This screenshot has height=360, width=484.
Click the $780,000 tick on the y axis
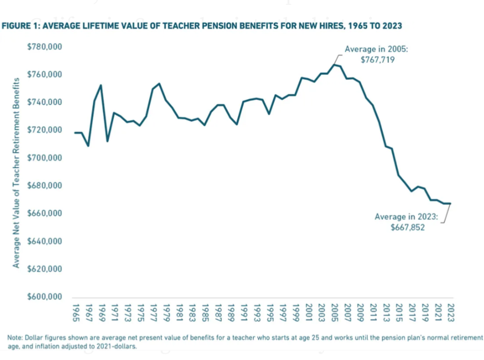pos(44,47)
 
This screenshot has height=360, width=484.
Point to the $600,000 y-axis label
pos(44,297)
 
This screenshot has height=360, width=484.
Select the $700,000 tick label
pos(44,158)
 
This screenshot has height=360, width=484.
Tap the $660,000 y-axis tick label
pos(44,214)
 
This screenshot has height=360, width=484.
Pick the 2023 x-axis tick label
pos(451,312)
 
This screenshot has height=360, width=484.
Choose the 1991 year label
pos(244,312)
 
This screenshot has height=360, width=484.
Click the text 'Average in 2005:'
pos(376,49)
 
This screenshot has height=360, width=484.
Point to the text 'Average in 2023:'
pos(406,216)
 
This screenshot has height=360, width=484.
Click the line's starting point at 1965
pos(75,132)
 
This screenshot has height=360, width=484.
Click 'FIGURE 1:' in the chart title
pos(21,26)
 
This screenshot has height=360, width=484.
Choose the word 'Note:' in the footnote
pos(17,338)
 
